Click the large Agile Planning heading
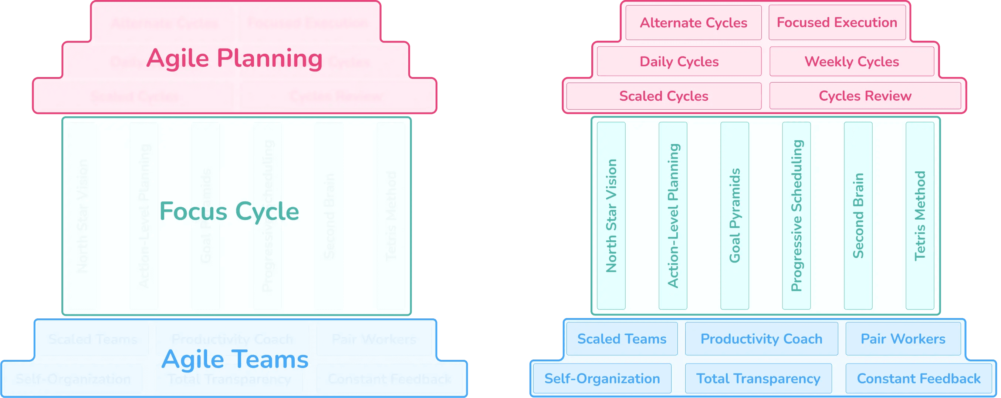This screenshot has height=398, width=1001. tap(234, 59)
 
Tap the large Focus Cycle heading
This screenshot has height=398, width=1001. tap(229, 212)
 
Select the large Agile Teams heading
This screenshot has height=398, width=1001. tap(235, 359)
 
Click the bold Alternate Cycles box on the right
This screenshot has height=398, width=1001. tap(693, 23)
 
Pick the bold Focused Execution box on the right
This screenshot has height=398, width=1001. tap(837, 23)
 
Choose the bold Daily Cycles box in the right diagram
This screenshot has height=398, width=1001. tap(679, 61)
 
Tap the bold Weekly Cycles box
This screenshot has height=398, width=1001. tap(852, 61)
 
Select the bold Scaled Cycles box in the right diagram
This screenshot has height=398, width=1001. tap(664, 96)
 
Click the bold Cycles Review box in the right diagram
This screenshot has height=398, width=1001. tap(865, 96)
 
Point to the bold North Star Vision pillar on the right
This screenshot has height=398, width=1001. tap(611, 216)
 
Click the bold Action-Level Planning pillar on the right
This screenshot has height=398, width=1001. tap(673, 216)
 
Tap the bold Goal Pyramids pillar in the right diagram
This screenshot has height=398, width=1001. tap(734, 216)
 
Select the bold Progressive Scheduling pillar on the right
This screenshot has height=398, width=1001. tap(796, 216)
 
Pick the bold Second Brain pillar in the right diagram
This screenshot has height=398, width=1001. tap(858, 216)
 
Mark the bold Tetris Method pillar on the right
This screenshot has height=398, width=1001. tap(920, 216)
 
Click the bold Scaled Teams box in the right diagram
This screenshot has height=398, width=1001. tap(622, 339)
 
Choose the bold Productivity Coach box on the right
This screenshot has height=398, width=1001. tap(761, 339)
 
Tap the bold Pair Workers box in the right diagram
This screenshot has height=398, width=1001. tap(903, 339)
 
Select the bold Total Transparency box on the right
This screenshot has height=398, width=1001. tap(758, 378)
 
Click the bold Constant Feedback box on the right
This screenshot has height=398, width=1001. tap(919, 378)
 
